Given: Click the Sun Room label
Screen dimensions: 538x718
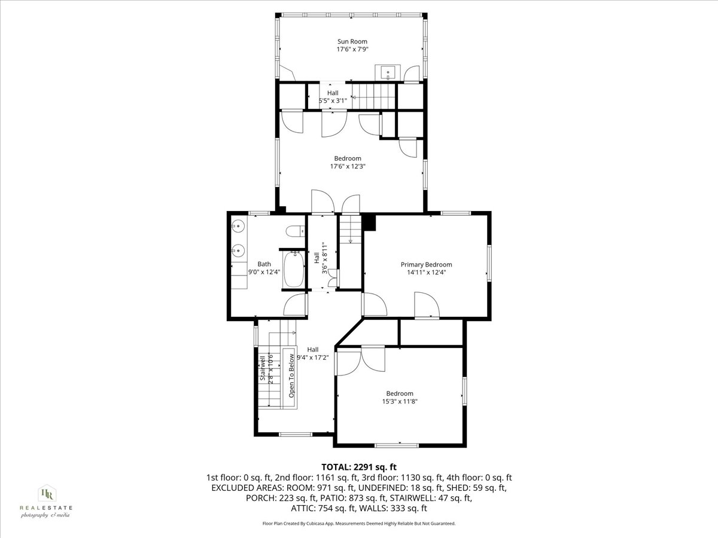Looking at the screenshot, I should pyautogui.click(x=352, y=42).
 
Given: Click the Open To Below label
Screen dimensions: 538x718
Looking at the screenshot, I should pyautogui.click(x=291, y=376).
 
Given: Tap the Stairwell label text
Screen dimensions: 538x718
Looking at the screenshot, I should pyautogui.click(x=262, y=369).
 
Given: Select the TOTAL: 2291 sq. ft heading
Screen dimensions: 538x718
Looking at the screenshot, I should pyautogui.click(x=359, y=467).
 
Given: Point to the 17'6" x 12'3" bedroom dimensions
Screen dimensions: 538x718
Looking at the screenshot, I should pyautogui.click(x=348, y=166).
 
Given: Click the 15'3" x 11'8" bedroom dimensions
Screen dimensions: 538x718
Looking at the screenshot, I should pyautogui.click(x=400, y=402).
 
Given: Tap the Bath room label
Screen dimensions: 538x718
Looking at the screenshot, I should pyautogui.click(x=264, y=264).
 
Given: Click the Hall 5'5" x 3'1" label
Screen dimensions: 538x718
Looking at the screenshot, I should pyautogui.click(x=332, y=97).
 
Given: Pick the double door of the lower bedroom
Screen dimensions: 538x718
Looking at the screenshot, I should pyautogui.click(x=361, y=359).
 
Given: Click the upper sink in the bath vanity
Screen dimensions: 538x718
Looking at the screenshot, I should pyautogui.click(x=238, y=227).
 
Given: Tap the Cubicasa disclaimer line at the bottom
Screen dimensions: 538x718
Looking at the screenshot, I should pyautogui.click(x=359, y=523).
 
